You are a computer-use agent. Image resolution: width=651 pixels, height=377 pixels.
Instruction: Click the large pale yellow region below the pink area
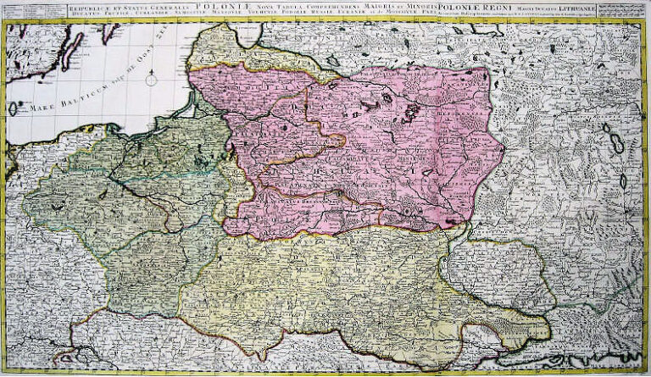click(339, 288)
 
